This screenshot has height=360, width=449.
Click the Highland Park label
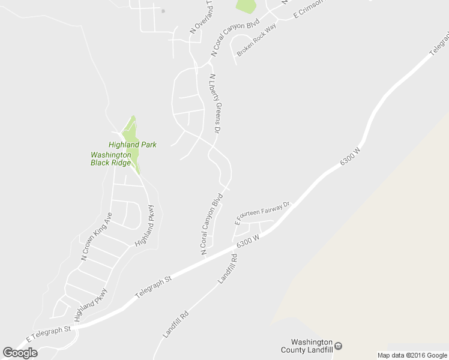point(132,145)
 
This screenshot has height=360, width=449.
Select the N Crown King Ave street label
point(97,236)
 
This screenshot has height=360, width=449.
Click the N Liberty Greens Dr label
point(215,104)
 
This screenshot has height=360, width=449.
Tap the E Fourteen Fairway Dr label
point(262,213)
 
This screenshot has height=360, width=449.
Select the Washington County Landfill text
point(307,346)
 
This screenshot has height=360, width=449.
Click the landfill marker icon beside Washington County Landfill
point(339,346)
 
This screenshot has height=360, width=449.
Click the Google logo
point(20,352)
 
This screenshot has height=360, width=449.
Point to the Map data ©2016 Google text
point(412,355)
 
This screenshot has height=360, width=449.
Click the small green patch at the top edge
point(246,6)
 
